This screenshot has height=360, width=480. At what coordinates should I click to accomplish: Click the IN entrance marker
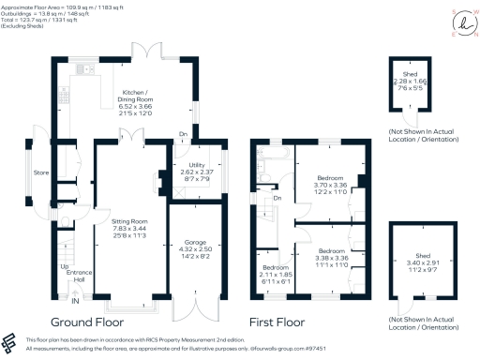pos(75,302)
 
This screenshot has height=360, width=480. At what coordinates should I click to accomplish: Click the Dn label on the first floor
pos(277,198)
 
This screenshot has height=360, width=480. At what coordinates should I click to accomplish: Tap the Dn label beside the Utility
pos(182,135)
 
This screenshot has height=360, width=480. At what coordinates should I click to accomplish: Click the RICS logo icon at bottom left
pos(10,341)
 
